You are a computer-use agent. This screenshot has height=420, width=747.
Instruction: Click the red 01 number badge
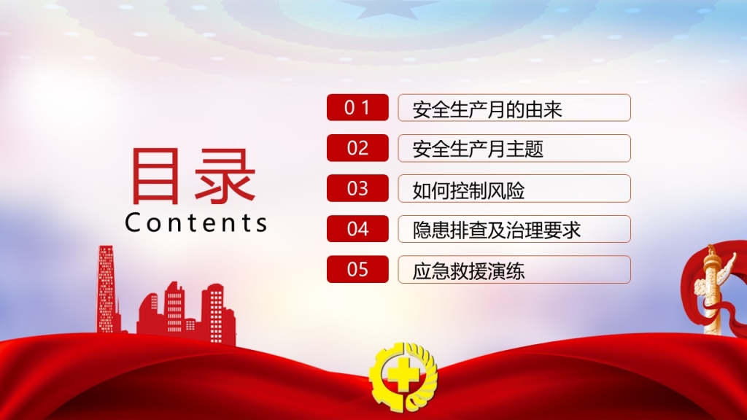click(x=357, y=107)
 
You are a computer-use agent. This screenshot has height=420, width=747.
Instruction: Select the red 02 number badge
click(x=357, y=147)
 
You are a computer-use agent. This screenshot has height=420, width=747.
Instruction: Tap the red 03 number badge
click(x=357, y=188)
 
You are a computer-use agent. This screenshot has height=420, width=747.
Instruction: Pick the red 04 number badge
click(x=357, y=228)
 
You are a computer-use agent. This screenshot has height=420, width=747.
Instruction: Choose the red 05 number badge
click(x=357, y=269)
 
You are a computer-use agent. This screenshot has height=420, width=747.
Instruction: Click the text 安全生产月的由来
click(x=487, y=109)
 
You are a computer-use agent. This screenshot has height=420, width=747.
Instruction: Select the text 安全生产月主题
click(x=478, y=149)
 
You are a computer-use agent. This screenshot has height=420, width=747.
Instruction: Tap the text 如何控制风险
click(x=468, y=190)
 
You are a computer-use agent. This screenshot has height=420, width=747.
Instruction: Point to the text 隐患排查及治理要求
click(x=496, y=230)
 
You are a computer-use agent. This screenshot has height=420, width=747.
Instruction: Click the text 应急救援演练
click(x=468, y=271)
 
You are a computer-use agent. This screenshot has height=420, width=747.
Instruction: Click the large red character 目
click(x=155, y=176)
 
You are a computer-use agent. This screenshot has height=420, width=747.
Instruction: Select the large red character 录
click(x=225, y=176)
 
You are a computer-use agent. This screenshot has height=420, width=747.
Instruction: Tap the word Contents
click(x=196, y=222)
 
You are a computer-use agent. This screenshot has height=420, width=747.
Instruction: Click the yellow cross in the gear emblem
click(x=402, y=374)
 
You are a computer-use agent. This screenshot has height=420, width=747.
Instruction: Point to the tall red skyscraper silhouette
click(x=107, y=289)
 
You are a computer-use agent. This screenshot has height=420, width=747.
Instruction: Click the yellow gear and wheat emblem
click(x=403, y=376)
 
